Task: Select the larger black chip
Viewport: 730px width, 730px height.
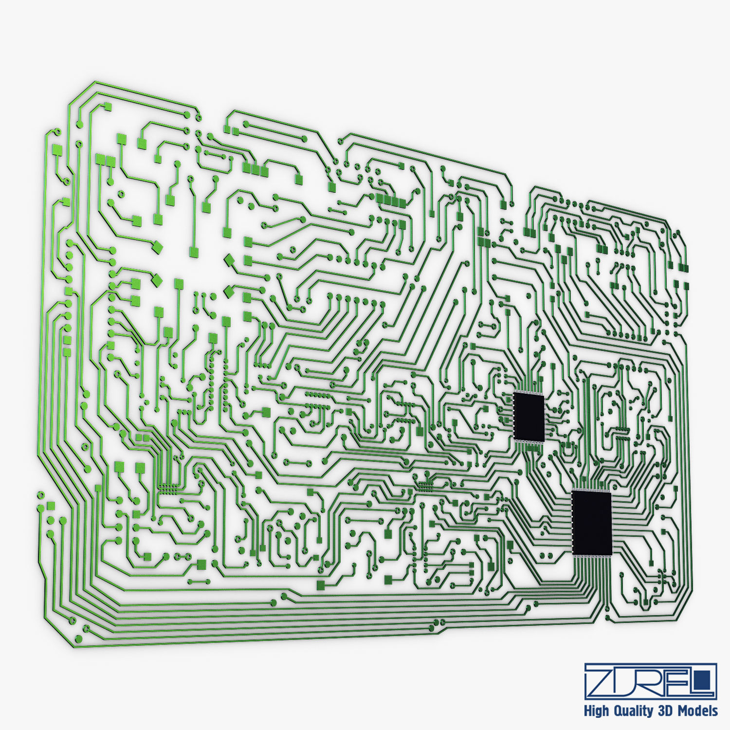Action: [x=592, y=522]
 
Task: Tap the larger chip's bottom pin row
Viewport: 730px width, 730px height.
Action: [x=592, y=555]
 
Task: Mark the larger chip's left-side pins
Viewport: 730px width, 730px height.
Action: [x=571, y=522]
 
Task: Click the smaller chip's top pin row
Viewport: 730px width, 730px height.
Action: [x=529, y=393]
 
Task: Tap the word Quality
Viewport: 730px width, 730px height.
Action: [x=633, y=711]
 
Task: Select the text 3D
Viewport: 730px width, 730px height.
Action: [x=665, y=711]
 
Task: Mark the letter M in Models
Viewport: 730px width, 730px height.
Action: [x=681, y=711]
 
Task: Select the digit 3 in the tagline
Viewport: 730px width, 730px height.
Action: [x=661, y=711]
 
